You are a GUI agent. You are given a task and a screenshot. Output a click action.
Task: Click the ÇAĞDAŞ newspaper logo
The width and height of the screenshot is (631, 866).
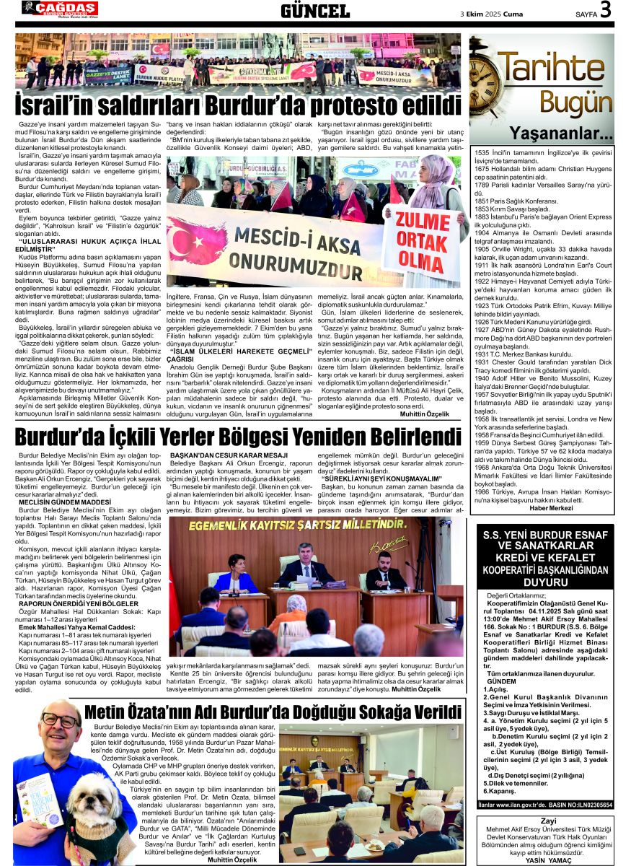tap(60, 8)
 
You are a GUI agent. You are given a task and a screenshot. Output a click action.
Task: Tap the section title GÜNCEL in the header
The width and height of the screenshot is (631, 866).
tap(315, 10)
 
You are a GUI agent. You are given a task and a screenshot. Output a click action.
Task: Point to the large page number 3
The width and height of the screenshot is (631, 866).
tap(605, 10)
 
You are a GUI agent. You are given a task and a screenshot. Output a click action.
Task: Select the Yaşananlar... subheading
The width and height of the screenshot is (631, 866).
tap(561, 134)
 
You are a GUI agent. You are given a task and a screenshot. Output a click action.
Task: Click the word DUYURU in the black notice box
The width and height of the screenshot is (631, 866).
tap(546, 582)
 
